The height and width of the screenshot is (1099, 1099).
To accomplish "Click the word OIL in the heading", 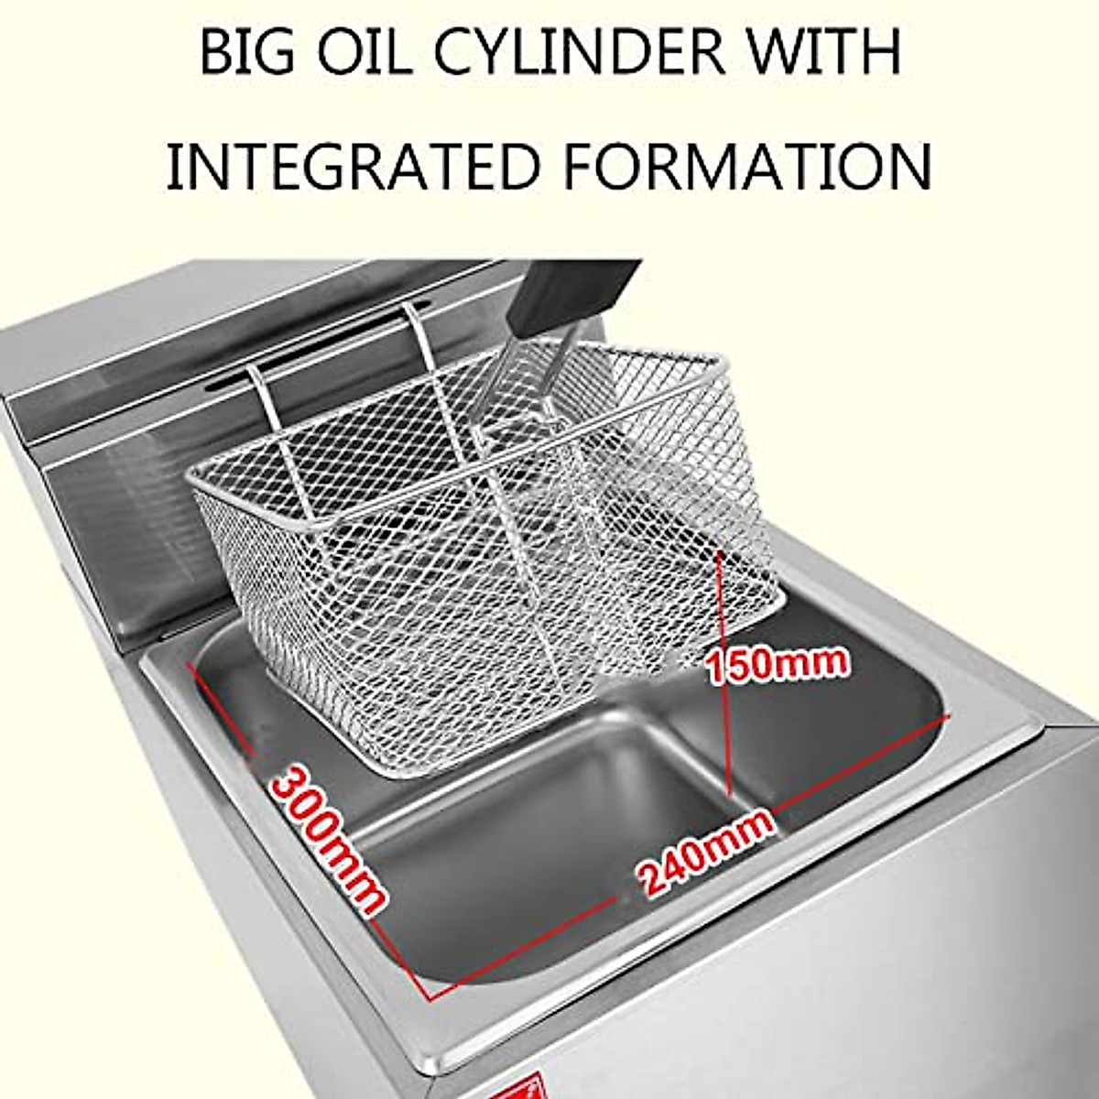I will coord(362,53).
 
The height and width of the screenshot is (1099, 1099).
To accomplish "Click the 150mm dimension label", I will coord(778,662).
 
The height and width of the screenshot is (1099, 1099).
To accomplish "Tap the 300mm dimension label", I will coord(326,841).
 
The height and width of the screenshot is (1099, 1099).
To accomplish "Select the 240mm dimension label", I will coord(706,852).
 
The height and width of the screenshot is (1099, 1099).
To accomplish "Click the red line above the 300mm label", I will coord(220,710).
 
